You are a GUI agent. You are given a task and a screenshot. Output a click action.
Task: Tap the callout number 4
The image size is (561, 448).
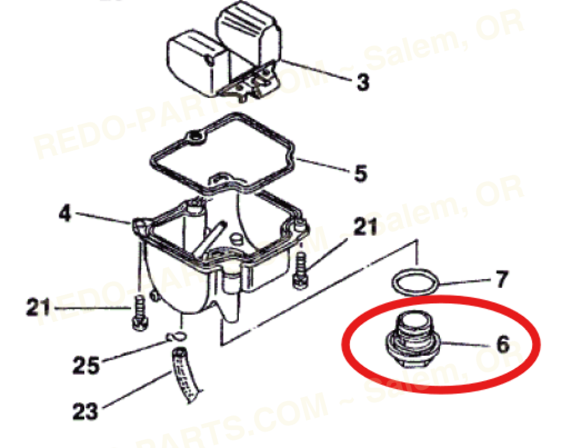(65, 213)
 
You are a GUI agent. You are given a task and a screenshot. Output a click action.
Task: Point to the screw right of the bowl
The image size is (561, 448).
(299, 270)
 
